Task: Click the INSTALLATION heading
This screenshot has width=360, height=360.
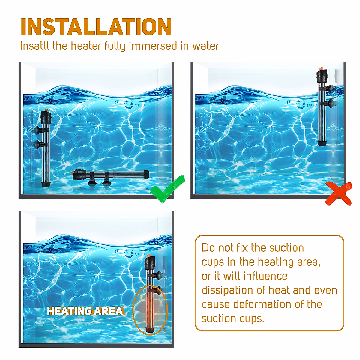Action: pyautogui.click(x=96, y=27)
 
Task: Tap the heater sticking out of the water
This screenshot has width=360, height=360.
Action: pyautogui.click(x=323, y=108)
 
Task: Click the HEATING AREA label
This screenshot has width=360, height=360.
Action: pyautogui.click(x=85, y=311)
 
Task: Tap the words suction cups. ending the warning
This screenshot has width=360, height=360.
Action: pyautogui.click(x=233, y=318)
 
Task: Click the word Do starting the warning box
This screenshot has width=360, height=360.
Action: pyautogui.click(x=208, y=248)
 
